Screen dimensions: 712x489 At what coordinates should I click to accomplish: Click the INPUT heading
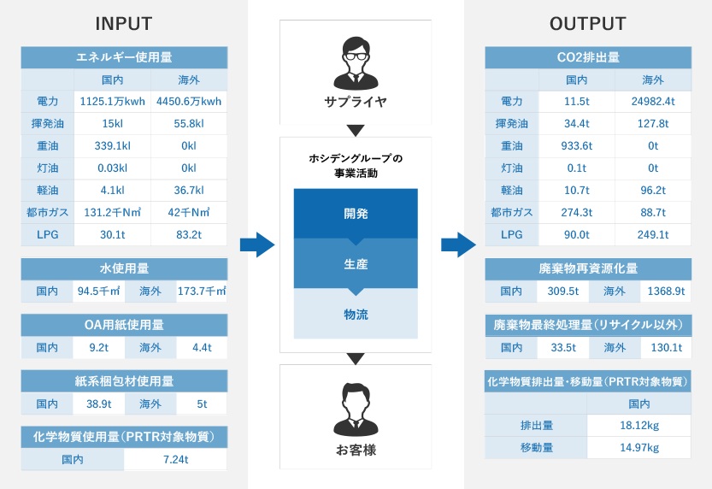(x=123, y=24)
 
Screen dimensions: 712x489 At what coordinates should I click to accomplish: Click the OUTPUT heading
(x=587, y=24)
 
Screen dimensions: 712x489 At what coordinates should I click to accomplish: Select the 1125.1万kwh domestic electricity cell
(x=113, y=101)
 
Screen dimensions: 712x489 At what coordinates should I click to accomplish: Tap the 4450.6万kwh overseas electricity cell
(x=189, y=101)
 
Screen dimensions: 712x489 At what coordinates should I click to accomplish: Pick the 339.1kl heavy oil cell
(x=113, y=145)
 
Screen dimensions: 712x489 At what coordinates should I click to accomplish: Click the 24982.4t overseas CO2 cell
(x=653, y=101)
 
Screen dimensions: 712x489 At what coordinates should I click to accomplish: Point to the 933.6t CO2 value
(x=577, y=145)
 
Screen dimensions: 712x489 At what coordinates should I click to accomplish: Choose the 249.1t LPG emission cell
(x=653, y=235)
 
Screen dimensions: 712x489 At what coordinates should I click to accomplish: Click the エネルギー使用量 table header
(x=124, y=57)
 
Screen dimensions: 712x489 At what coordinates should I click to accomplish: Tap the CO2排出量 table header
(x=588, y=57)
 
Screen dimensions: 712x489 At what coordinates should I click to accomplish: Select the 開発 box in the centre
(x=356, y=214)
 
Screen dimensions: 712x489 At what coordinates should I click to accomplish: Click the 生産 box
(x=356, y=264)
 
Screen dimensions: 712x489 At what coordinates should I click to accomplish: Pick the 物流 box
(x=356, y=315)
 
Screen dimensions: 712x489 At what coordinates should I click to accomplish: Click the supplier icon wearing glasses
(x=356, y=63)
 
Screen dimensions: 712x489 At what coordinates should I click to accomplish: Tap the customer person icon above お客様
(x=356, y=410)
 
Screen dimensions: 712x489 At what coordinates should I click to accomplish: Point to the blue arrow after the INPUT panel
(x=257, y=244)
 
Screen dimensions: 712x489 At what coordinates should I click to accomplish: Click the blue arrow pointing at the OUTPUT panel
(x=458, y=244)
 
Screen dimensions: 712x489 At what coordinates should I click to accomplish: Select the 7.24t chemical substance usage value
(x=176, y=459)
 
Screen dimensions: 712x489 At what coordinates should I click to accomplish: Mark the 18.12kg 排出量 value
(x=639, y=426)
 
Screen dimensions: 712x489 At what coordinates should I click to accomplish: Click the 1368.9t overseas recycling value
(x=666, y=291)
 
